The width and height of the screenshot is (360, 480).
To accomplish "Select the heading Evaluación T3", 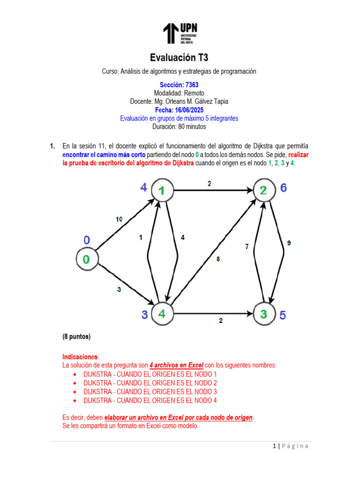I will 179,58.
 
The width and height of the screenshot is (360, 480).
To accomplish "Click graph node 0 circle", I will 87,258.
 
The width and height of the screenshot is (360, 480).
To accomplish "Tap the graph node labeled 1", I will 162,190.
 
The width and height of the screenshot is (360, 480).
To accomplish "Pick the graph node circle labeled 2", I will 263,190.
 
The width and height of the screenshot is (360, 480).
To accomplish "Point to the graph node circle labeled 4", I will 162,314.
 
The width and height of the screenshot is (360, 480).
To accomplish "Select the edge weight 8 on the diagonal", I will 217,259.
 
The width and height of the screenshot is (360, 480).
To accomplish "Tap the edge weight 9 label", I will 289,243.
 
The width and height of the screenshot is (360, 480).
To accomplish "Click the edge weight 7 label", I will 247,247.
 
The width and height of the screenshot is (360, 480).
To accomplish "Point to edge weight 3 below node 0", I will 119,290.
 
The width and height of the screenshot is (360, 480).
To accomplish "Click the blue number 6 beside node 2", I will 283,188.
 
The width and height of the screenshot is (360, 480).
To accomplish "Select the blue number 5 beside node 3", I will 282,315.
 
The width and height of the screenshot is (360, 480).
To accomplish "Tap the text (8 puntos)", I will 76,337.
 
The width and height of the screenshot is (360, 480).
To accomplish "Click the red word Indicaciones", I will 81,356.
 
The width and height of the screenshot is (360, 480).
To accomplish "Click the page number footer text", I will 291,446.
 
